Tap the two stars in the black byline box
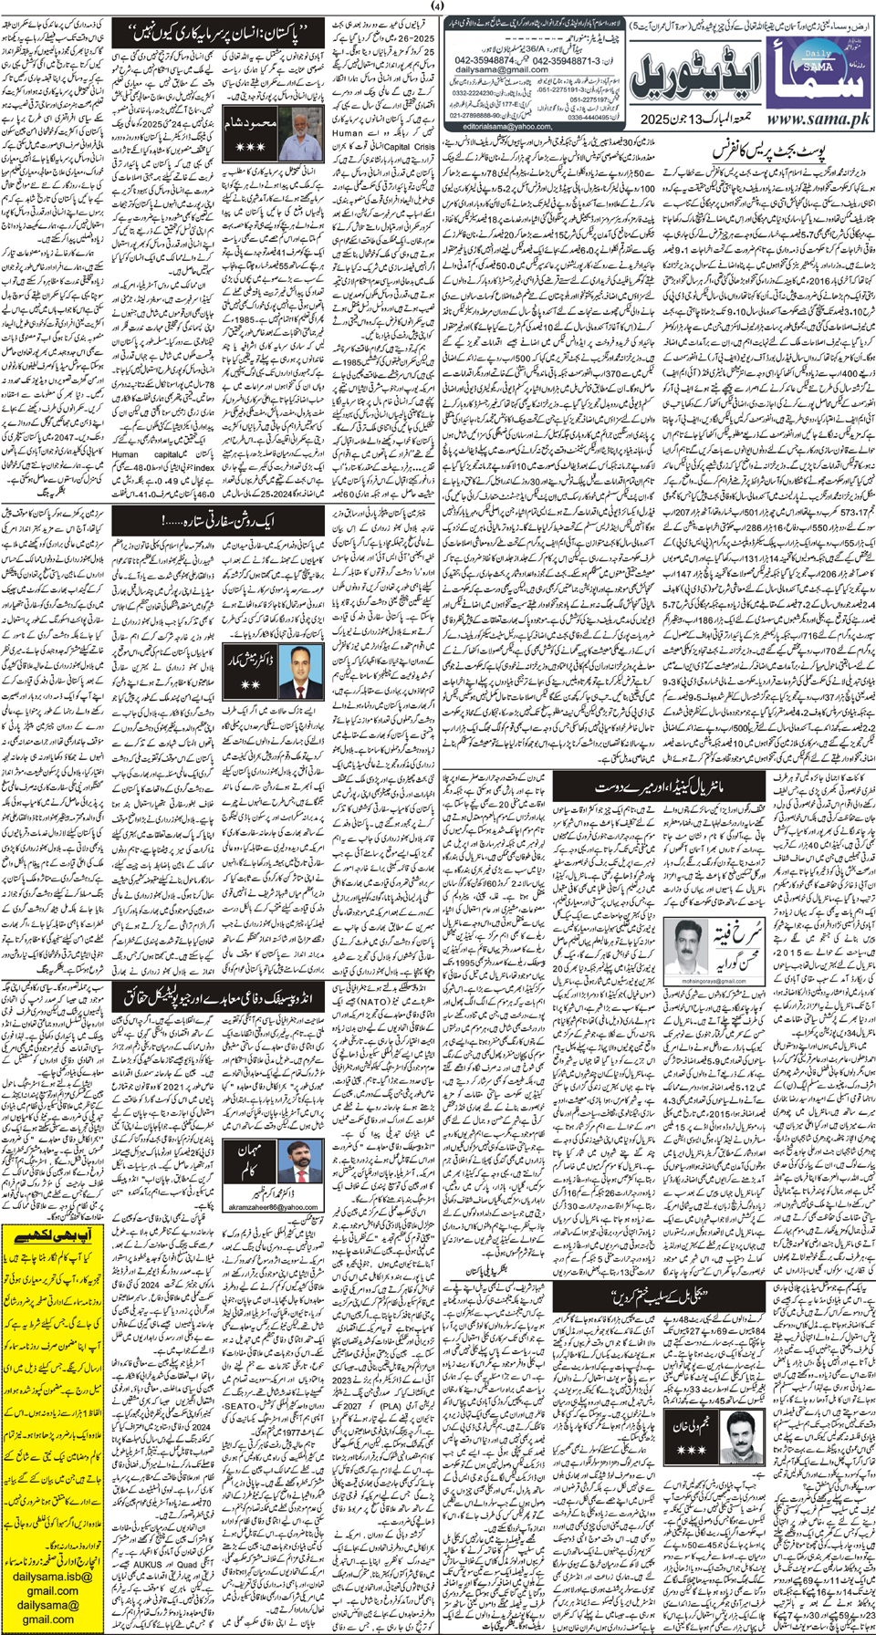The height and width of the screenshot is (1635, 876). [248, 682]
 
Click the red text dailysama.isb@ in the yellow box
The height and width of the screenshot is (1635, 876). [53, 1576]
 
